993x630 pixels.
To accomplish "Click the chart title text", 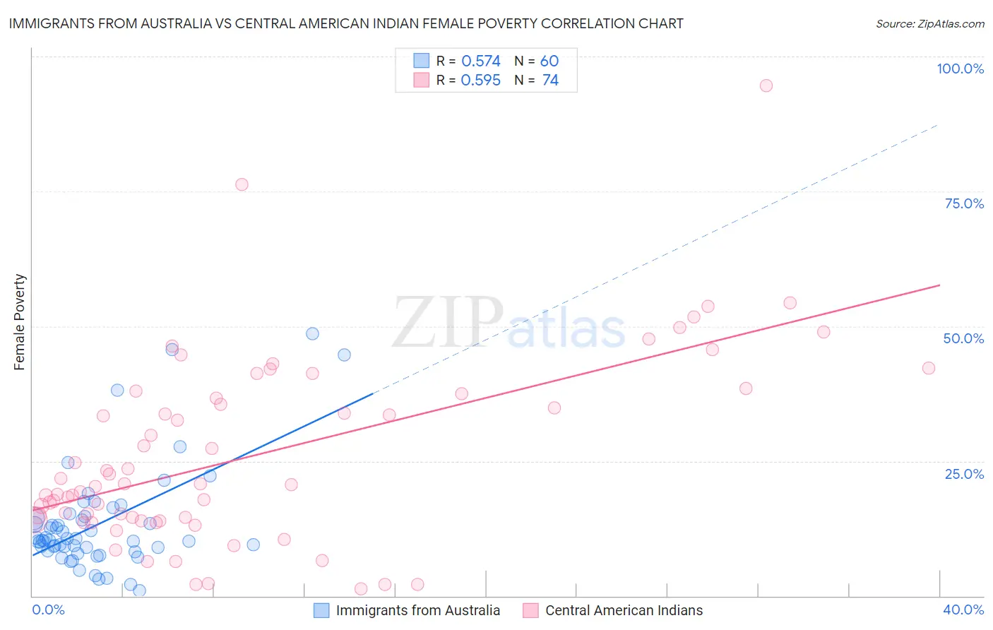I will point(346,23).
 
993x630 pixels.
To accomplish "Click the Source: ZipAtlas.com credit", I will point(929,24).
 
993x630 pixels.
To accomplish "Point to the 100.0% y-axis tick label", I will point(960,69).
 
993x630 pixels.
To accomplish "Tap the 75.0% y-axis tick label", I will point(964,203).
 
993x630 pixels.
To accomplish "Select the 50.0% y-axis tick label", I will point(963,338).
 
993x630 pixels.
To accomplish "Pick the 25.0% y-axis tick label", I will point(964,474).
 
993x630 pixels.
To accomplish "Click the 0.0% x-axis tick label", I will point(48,610).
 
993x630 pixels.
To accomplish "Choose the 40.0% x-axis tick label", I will point(963,610).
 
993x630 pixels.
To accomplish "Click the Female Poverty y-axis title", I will point(19,322).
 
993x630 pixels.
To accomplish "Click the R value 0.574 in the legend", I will point(481,61).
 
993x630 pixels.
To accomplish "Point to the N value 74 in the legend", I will point(550,81).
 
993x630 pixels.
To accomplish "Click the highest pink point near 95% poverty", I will point(766,85).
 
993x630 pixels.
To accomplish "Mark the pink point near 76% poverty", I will point(242,184).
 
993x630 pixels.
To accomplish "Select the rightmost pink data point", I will point(929,368).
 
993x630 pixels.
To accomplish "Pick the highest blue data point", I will point(312,333).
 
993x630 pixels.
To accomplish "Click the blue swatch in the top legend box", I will point(421,61).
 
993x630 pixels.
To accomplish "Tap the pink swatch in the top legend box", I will point(421,80).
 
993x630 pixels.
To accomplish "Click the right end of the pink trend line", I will point(939,285).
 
